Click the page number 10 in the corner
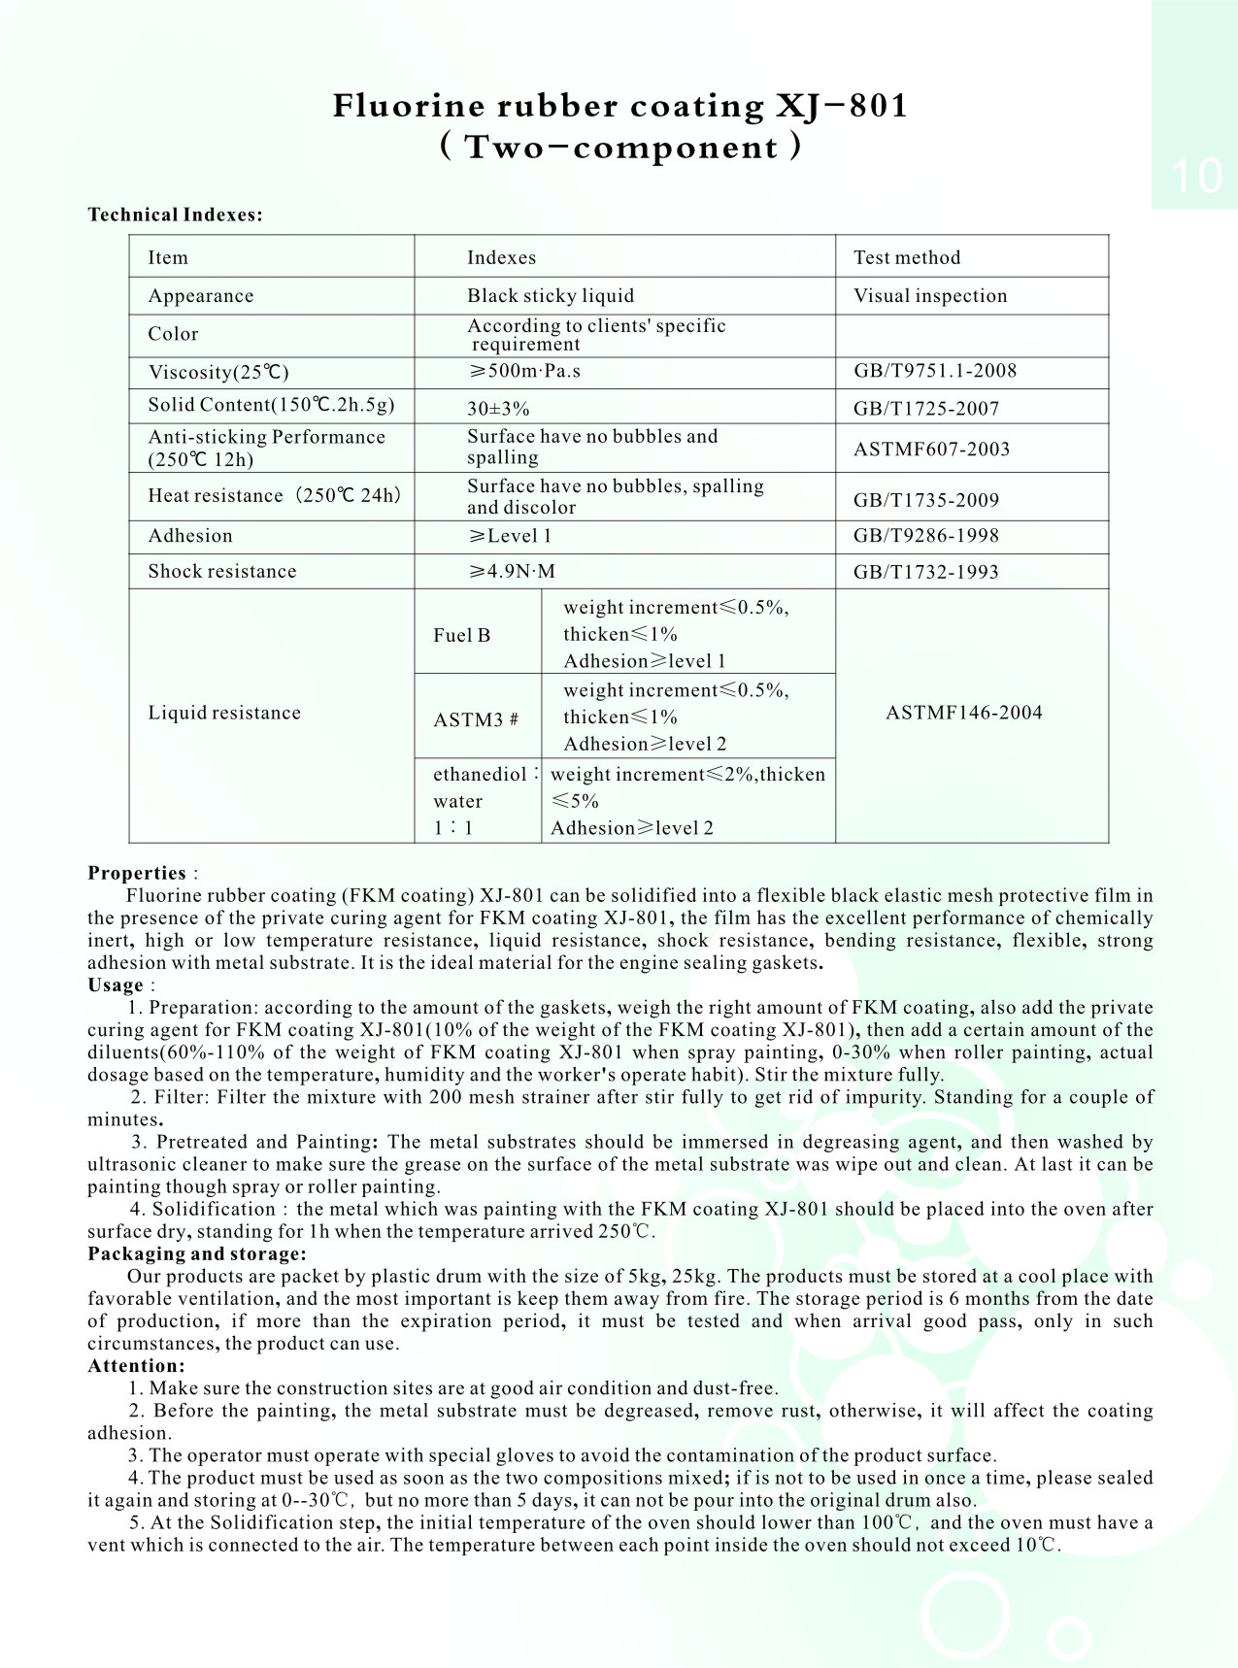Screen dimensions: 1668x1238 1196,176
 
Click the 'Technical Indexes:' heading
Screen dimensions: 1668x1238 175,215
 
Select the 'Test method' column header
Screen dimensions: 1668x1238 906,257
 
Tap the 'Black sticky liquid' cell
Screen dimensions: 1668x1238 550,296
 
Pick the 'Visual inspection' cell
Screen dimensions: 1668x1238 929,296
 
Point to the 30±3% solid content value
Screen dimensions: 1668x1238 498,409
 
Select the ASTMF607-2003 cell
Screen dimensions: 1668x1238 931,449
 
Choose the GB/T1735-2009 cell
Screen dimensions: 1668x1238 925,500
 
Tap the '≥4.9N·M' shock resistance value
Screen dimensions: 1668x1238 512,572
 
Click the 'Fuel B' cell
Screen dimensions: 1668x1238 461,635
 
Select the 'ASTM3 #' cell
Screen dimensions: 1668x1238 475,719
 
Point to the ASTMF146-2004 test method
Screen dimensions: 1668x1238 963,713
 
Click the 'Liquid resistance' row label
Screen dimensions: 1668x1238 224,713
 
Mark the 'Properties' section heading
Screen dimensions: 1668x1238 137,873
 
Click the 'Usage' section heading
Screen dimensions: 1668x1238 116,984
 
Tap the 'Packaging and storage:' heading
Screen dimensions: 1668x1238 196,1253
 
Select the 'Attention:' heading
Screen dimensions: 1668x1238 136,1365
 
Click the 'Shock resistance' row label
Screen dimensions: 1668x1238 221,572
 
